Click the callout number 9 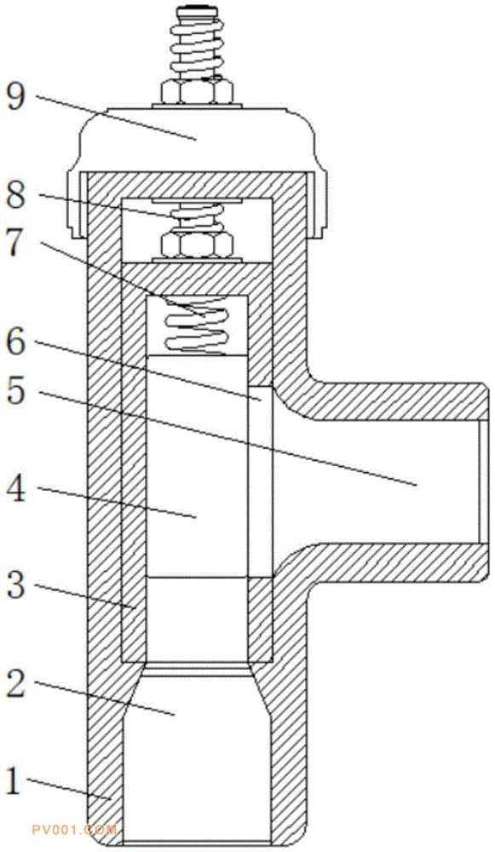click(15, 98)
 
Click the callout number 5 click(15, 391)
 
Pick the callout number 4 click(16, 491)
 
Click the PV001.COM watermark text click(75, 830)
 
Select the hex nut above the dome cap click(198, 91)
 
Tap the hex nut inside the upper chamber click(197, 245)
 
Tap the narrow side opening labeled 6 click(260, 481)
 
